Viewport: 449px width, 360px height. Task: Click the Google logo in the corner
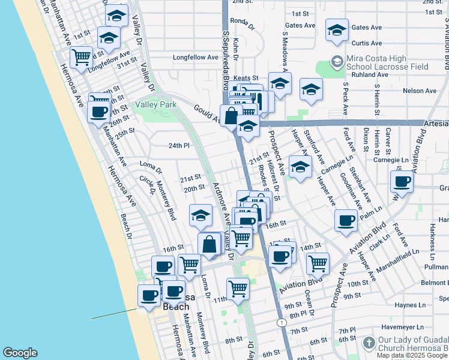tap(20, 353)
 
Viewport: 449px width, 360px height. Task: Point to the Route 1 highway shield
tap(282, 323)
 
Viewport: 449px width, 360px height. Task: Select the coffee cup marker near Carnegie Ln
tap(402, 181)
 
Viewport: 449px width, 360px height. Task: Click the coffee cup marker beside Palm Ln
tap(345, 220)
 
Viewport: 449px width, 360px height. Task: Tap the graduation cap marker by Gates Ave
tap(337, 29)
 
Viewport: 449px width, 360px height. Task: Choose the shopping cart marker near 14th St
tap(318, 262)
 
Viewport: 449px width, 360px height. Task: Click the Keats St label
tap(246, 78)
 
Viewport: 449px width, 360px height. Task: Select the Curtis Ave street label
tap(367, 43)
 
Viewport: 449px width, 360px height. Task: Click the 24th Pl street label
tap(178, 146)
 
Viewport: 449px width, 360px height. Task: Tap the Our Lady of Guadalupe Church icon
tap(369, 345)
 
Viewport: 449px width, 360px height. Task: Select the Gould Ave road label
tap(205, 110)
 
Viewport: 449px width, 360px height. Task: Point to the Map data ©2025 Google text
tap(412, 355)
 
